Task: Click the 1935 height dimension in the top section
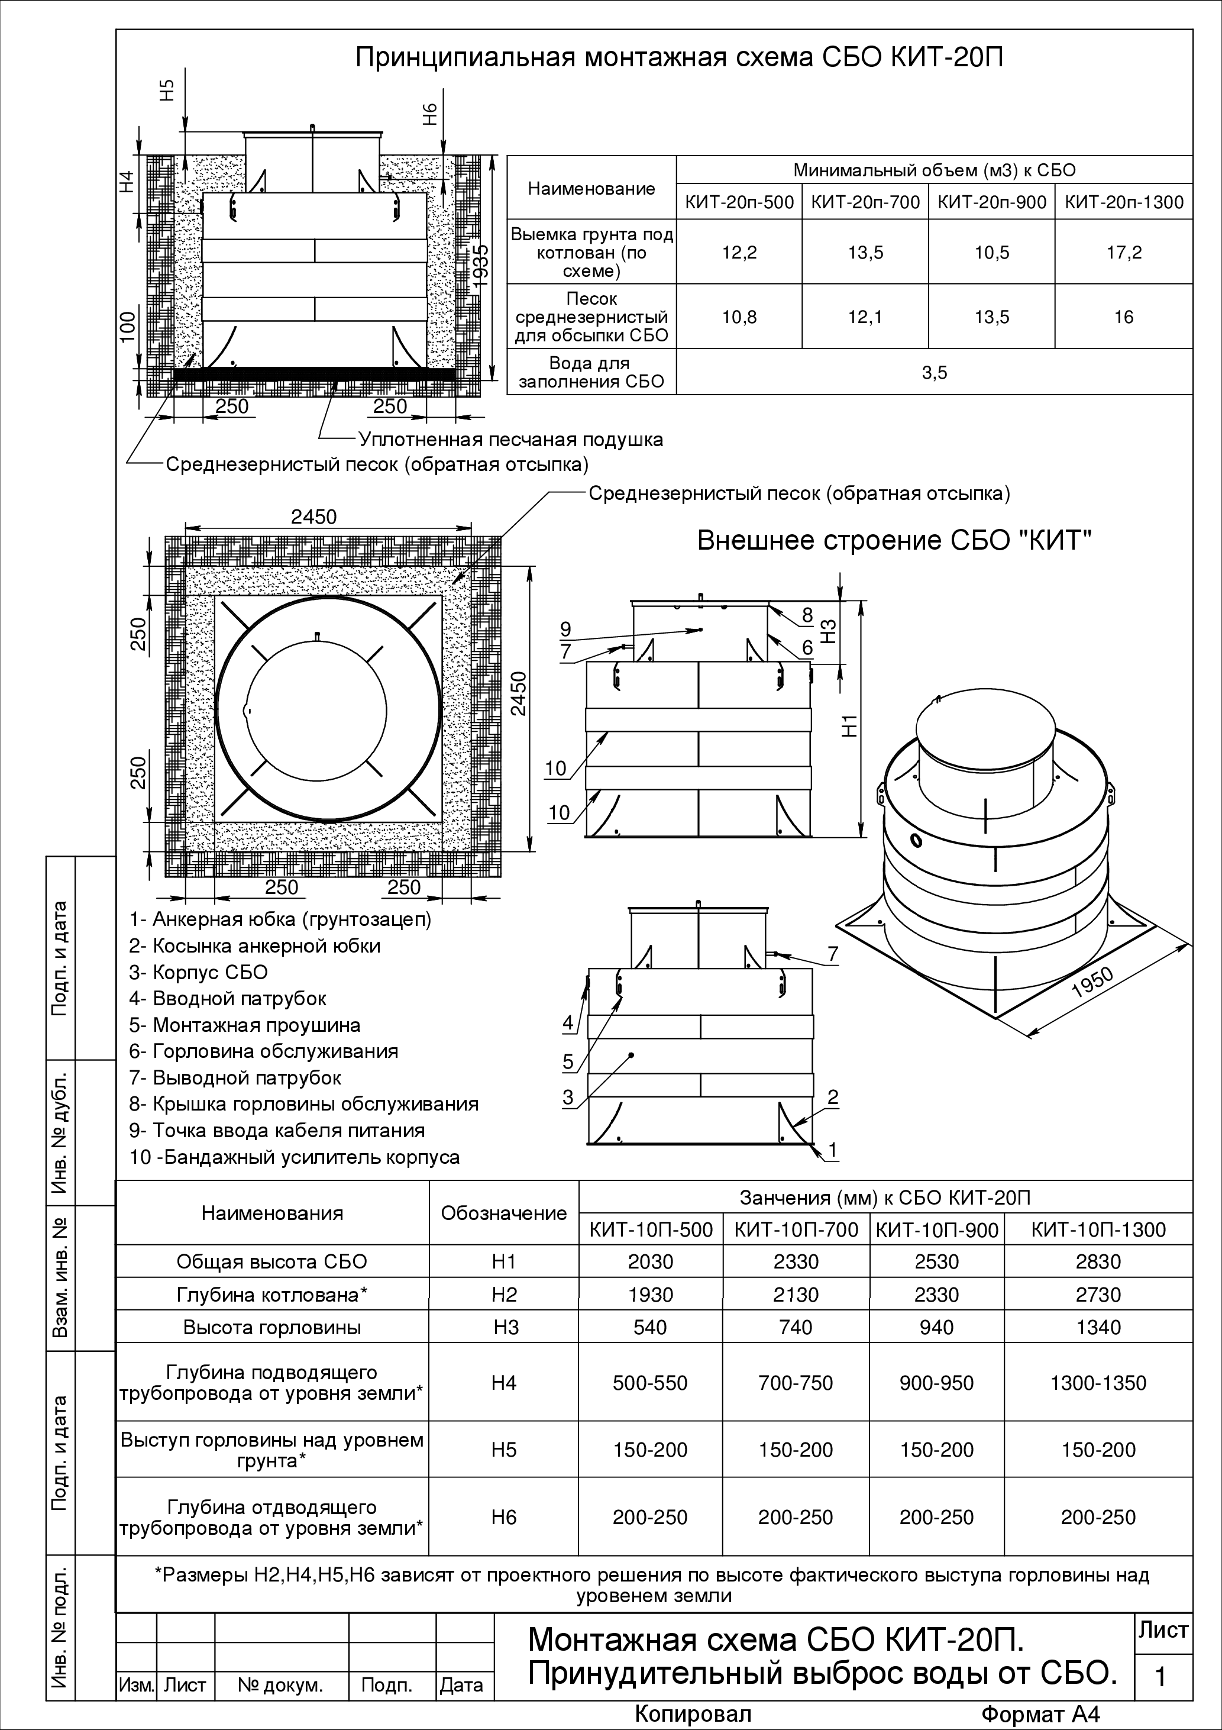tap(482, 264)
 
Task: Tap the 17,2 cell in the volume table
tap(1123, 253)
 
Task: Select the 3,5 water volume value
tap(934, 372)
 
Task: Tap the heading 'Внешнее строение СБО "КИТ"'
tap(894, 541)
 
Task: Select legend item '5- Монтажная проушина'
tap(245, 1025)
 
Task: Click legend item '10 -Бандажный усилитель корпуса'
tap(295, 1157)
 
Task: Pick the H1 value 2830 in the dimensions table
tap(1098, 1261)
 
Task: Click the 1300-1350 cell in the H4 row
tap(1098, 1383)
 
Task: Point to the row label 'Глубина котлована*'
tap(272, 1295)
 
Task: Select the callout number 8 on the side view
tap(807, 615)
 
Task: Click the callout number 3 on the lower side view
tap(568, 1096)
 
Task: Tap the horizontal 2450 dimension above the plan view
tap(314, 517)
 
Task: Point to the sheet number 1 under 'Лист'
tap(1160, 1677)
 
